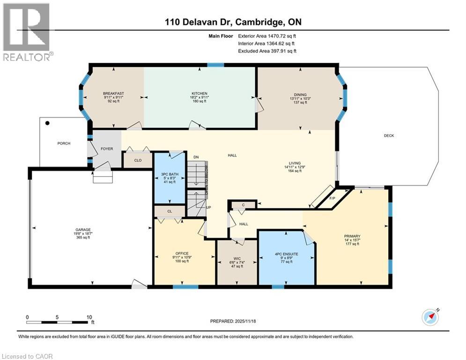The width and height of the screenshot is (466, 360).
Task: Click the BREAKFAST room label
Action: tap(113, 94)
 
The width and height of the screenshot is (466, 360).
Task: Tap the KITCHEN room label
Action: tap(199, 94)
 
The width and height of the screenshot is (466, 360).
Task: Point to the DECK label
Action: tap(389, 136)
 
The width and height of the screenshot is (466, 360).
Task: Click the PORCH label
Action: tap(63, 143)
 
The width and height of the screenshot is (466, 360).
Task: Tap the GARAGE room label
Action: tap(82, 230)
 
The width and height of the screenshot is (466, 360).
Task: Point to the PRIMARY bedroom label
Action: tap(352, 236)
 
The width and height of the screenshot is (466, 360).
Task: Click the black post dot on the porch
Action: tap(47, 123)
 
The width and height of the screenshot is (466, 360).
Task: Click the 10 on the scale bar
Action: tap(89, 317)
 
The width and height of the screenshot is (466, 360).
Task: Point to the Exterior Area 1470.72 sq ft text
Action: tap(267, 35)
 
